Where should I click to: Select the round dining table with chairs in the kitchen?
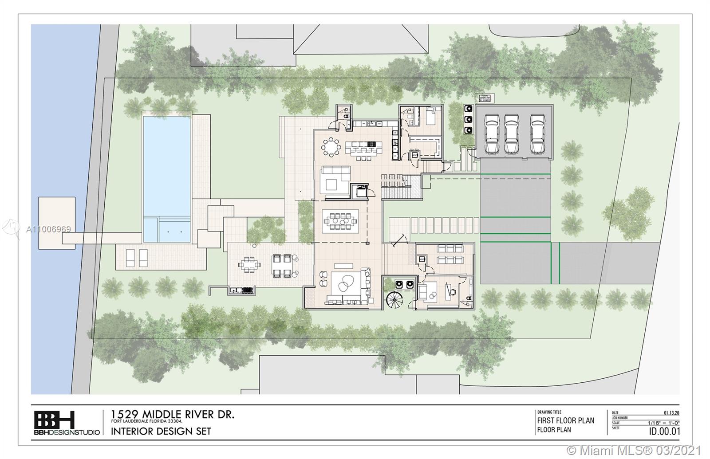(330, 147)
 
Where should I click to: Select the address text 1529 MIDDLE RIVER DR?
(172, 415)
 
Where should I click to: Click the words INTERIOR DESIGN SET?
(161, 431)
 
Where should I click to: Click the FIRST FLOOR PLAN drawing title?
(565, 420)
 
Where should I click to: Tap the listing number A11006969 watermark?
(49, 229)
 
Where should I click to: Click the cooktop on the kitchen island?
(370, 144)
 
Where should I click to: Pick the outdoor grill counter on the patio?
(242, 290)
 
